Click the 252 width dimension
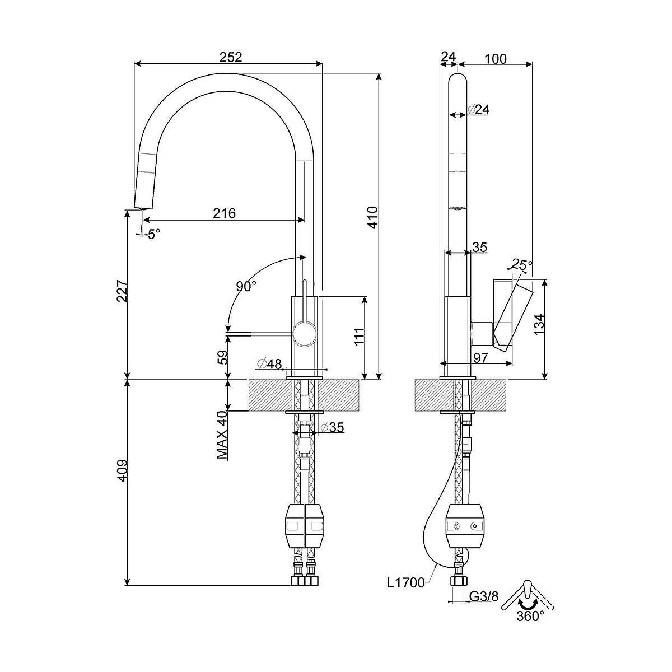tap(230, 57)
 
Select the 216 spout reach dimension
tap(224, 213)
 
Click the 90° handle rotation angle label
tap(246, 287)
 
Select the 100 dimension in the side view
tap(495, 59)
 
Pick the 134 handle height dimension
tap(539, 324)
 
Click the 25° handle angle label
tap(522, 265)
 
